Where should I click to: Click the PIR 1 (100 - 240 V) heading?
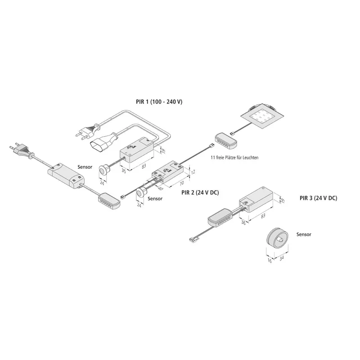[x=159, y=102]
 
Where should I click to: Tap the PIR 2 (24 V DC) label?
[x=200, y=193]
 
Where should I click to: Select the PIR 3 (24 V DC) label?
[x=319, y=198]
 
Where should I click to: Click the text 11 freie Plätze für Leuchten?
[x=234, y=157]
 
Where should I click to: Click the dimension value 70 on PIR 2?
[x=181, y=184]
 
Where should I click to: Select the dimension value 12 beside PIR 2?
[x=193, y=171]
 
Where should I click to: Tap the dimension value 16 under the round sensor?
[x=270, y=261]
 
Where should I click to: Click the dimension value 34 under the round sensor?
[x=282, y=258]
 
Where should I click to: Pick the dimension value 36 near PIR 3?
[x=243, y=222]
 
